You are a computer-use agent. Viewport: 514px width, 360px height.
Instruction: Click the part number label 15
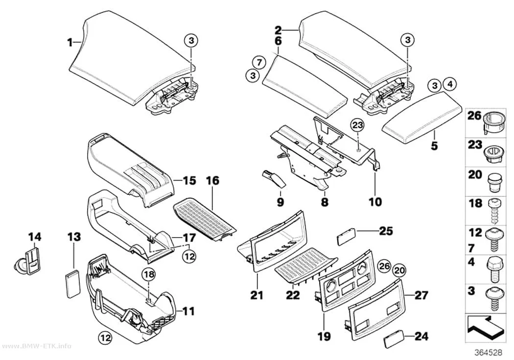tap(189, 180)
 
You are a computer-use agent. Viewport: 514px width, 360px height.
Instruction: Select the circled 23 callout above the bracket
tap(358, 125)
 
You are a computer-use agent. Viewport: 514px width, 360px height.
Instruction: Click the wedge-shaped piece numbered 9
tap(274, 179)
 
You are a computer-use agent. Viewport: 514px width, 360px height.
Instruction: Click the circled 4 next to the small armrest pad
tap(450, 85)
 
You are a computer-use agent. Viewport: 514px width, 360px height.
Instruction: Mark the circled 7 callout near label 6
tap(259, 62)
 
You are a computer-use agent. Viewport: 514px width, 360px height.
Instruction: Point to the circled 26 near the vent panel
tap(384, 266)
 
